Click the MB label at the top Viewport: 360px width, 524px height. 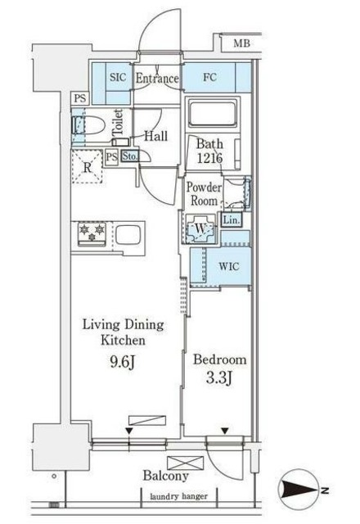tap(241, 43)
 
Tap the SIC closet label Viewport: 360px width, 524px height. tap(118, 77)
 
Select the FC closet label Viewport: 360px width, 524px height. tap(209, 77)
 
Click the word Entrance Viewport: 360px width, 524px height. tap(157, 79)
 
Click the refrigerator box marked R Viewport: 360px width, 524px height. tap(88, 167)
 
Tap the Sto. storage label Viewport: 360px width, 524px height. tap(129, 156)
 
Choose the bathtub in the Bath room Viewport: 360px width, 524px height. tap(213, 113)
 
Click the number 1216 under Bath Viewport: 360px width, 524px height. tap(209, 158)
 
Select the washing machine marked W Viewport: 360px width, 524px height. tap(200, 229)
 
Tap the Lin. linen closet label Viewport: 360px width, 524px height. tap(232, 220)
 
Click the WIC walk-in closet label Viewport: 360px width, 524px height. tap(229, 266)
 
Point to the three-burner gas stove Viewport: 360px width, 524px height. tap(92, 233)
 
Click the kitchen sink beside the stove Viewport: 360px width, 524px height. tap(128, 235)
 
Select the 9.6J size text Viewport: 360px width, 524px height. tap(123, 362)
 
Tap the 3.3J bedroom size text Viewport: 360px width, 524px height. tap(219, 378)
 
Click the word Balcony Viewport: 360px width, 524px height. tap(165, 476)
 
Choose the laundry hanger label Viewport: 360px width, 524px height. tap(178, 497)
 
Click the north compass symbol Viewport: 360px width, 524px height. tap(298, 490)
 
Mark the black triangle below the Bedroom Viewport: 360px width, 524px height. tap(225, 431)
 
